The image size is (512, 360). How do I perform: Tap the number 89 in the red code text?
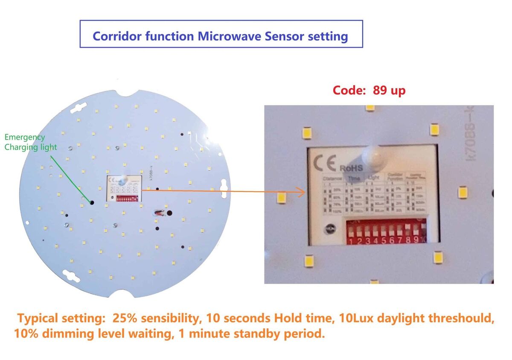point(380,91)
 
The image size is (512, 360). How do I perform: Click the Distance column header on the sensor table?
point(332,178)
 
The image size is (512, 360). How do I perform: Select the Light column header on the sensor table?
point(373,177)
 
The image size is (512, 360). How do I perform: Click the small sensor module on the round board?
point(123,188)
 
